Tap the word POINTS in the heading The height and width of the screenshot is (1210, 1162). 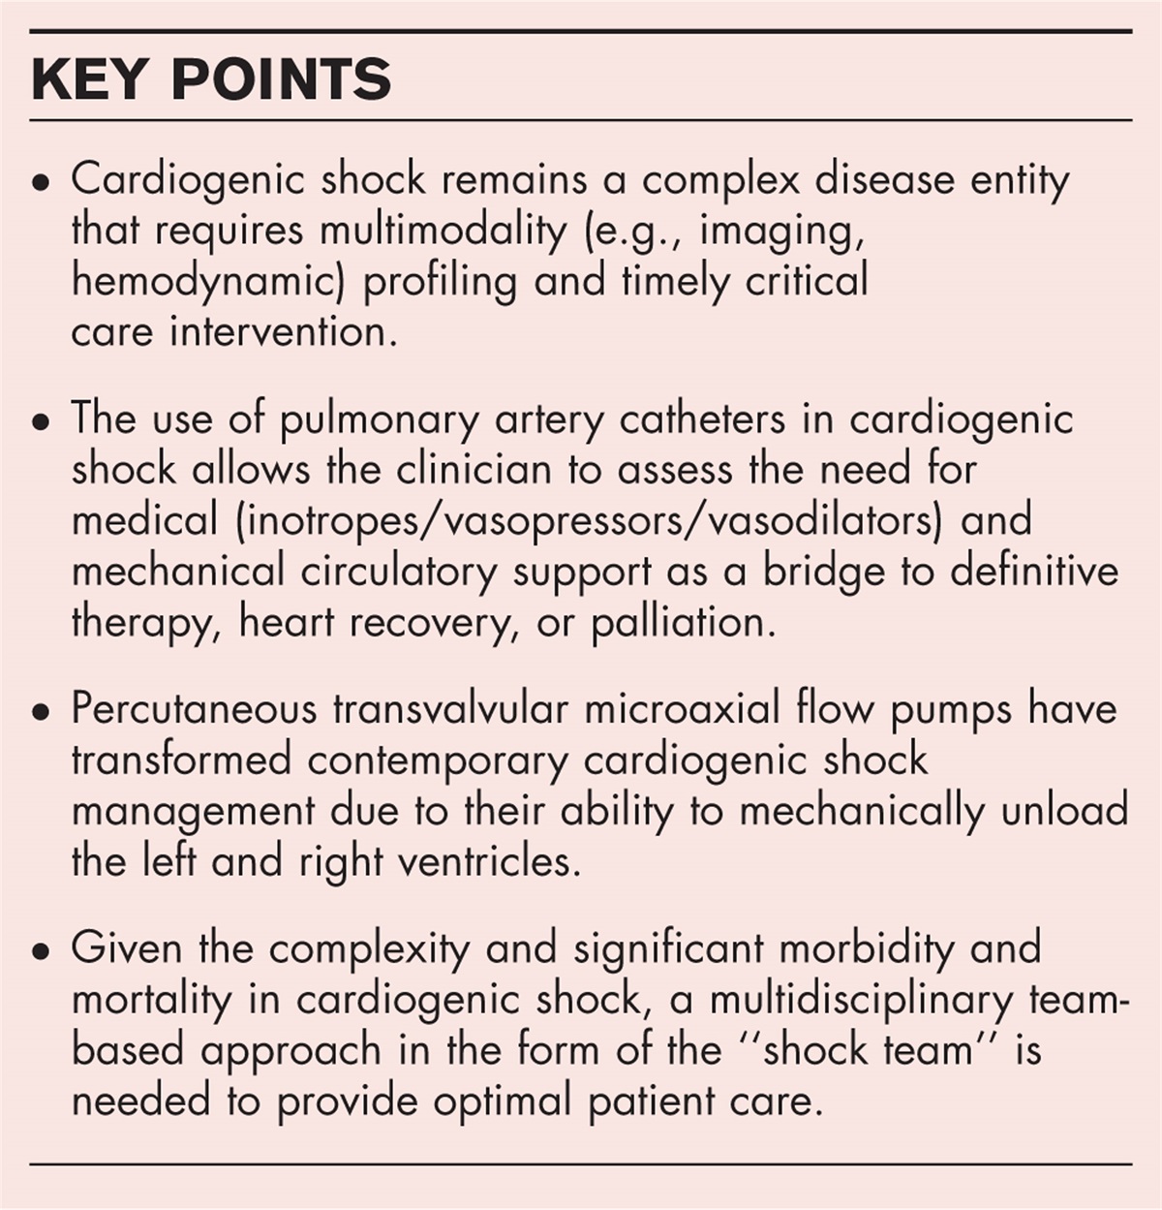281,78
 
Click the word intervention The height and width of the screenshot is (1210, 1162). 283,331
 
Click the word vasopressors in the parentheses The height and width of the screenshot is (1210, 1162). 574,520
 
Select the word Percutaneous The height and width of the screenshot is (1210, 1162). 195,709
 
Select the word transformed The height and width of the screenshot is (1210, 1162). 181,760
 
